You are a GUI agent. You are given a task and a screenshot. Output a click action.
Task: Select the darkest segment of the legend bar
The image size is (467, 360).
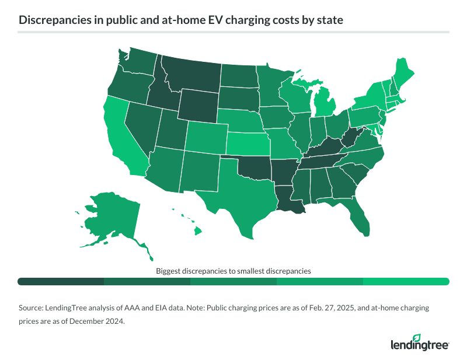[x=61, y=282]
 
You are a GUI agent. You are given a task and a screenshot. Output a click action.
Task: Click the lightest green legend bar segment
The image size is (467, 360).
[x=406, y=282]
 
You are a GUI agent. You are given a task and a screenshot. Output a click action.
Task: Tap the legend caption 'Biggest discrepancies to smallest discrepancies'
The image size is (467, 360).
[x=233, y=271]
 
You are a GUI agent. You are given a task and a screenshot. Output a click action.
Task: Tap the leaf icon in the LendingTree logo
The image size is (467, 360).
[x=416, y=337]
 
